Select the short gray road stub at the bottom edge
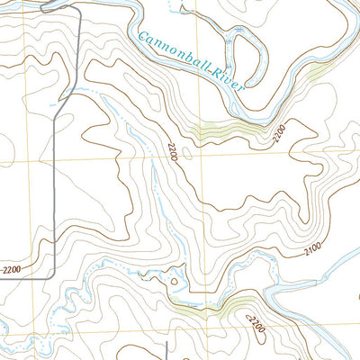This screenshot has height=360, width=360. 168,351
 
